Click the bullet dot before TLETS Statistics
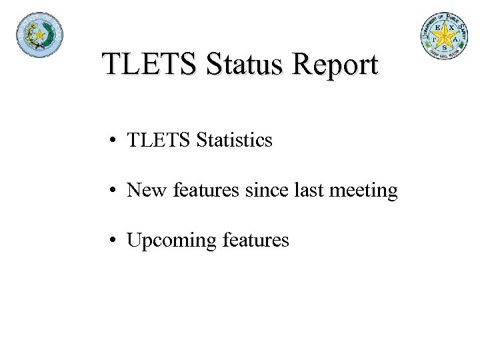pyautogui.click(x=116, y=141)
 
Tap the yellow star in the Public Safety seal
pyautogui.click(x=443, y=34)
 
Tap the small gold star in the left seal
pyautogui.click(x=39, y=34)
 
